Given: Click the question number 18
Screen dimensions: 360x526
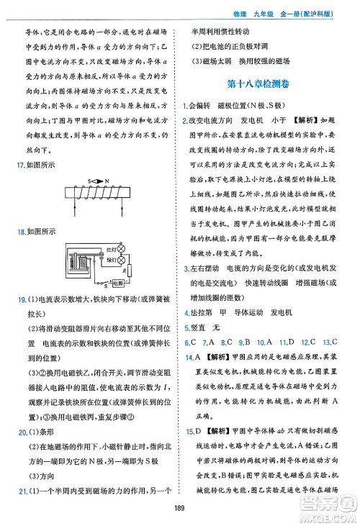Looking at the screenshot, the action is point(18,232).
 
